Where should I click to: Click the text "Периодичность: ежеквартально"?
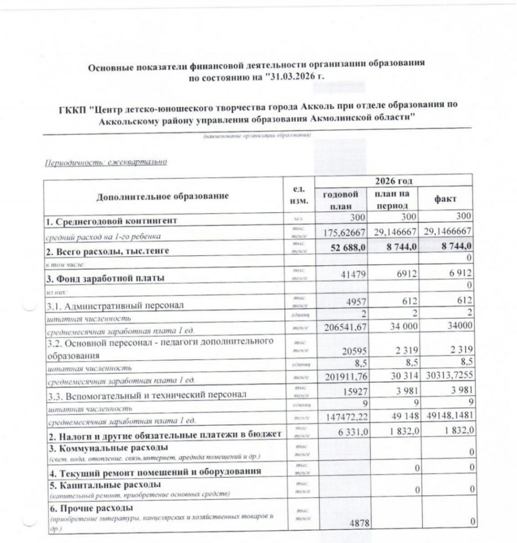(x=105, y=162)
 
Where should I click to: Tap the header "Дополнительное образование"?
(x=162, y=196)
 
